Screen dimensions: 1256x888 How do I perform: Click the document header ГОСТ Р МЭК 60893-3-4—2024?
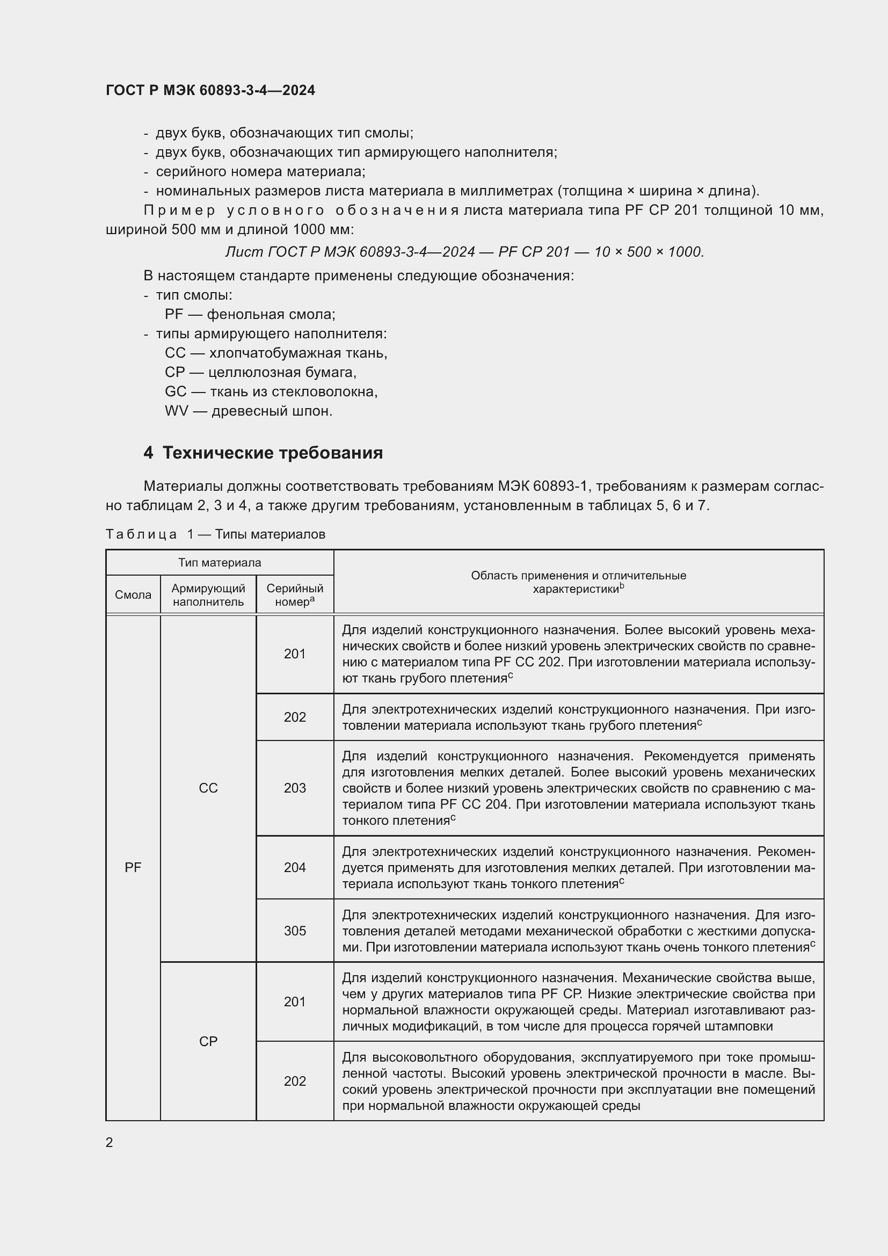coord(210,90)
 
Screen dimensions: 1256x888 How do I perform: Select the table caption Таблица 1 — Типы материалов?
coord(215,534)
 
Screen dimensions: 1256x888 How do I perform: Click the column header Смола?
coord(133,594)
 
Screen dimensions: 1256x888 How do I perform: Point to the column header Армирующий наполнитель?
coord(208,594)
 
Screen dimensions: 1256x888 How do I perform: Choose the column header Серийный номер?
coord(295,594)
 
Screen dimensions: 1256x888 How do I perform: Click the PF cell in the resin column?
coord(133,867)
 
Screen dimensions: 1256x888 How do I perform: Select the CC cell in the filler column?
coord(208,788)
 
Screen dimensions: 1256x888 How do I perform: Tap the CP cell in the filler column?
coord(208,1041)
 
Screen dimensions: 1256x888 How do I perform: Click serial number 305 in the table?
coord(295,931)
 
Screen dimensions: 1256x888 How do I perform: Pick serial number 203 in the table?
coord(295,788)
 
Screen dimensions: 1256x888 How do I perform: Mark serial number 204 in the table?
coord(295,867)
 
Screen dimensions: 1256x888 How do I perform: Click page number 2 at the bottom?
coord(110,1142)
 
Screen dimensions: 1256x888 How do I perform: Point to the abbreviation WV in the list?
coord(176,411)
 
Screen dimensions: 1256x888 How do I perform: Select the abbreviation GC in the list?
coord(176,391)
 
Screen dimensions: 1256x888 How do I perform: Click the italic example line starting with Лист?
coord(465,252)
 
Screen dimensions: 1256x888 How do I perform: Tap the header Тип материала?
coord(219,562)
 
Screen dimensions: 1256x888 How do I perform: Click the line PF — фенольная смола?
coord(250,315)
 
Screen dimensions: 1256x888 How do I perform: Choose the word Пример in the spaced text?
coord(179,210)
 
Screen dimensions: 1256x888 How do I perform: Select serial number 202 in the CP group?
coord(295,1081)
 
